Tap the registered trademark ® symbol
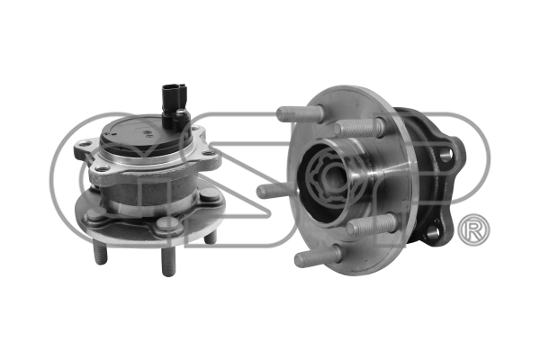pos(474,229)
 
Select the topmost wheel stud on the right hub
pos(301,114)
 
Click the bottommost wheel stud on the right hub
pos(318,256)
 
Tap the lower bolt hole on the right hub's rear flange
pos(433,232)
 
